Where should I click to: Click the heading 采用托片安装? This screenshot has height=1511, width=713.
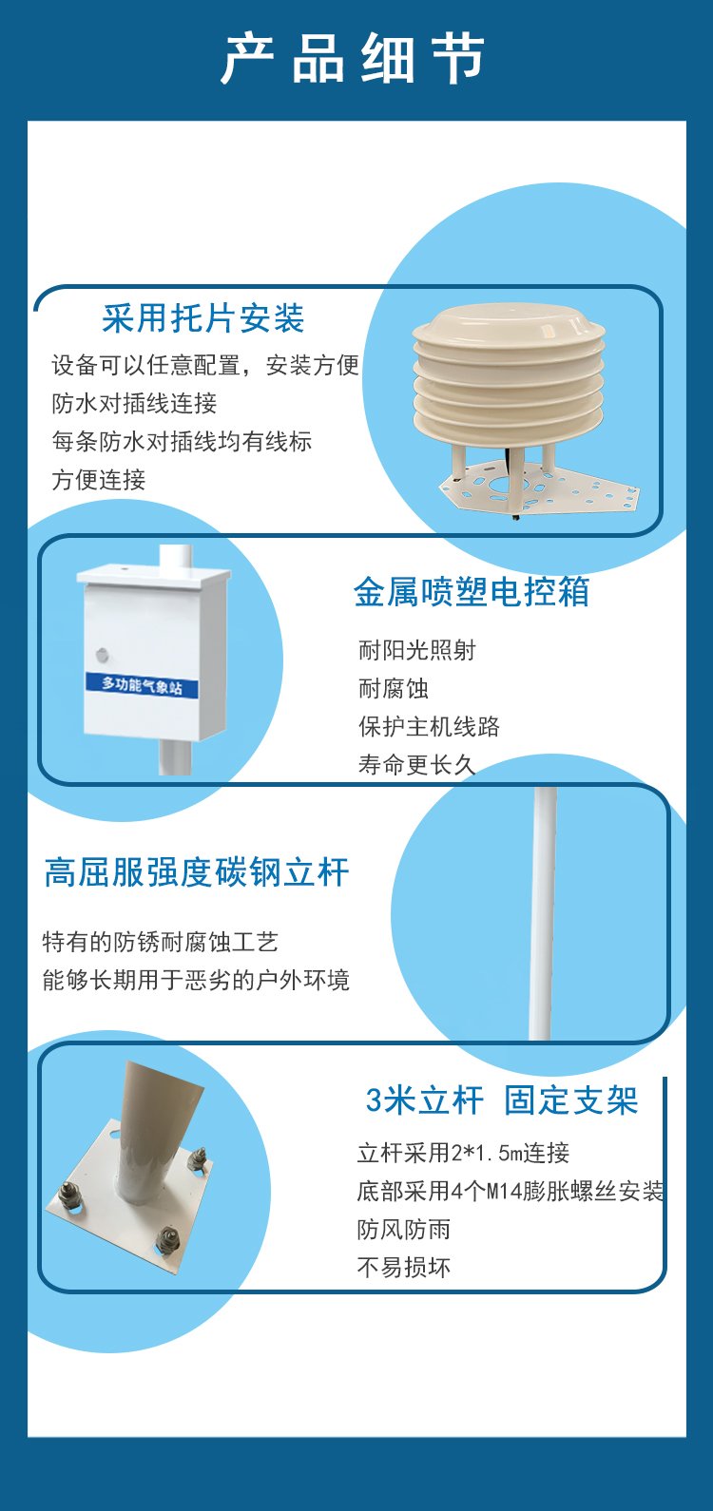[203, 318]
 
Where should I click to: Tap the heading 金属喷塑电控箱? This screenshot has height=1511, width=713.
[472, 592]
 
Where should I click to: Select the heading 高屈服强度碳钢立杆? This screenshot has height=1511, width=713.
[196, 872]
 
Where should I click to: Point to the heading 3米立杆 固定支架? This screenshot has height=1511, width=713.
[502, 1100]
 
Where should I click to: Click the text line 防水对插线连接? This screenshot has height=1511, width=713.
[134, 403]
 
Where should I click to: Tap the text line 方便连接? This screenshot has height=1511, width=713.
[99, 480]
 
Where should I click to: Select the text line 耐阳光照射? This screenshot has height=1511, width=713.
[417, 650]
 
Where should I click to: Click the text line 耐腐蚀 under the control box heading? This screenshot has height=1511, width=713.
[394, 689]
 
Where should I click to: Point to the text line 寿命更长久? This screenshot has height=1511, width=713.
[417, 765]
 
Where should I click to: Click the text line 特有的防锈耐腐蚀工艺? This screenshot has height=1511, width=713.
[160, 942]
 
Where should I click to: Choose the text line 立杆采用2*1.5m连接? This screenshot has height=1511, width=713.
[463, 1153]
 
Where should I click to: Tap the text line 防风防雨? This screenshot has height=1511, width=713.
[403, 1229]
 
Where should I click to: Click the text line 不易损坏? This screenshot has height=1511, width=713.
[403, 1268]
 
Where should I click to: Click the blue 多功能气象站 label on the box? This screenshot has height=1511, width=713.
[143, 685]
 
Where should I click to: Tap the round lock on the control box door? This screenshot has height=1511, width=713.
[103, 654]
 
